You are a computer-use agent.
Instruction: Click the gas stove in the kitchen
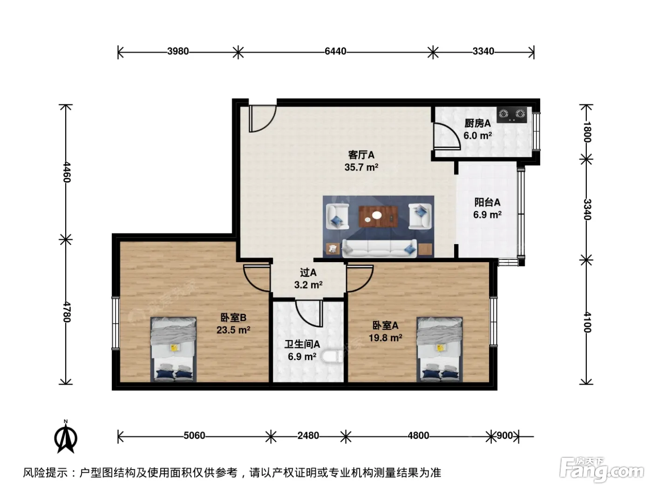[x=511, y=115]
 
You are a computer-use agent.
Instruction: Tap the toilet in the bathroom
[x=332, y=356]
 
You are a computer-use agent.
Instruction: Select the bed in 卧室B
[x=173, y=349]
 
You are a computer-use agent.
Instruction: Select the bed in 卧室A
[x=439, y=349]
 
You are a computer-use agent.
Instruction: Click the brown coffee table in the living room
[x=378, y=217]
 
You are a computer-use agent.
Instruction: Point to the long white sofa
[x=379, y=248]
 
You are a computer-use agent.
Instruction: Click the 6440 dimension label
[x=335, y=51]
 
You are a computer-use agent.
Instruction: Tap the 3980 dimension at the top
[x=178, y=51]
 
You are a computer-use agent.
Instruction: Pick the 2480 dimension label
[x=308, y=435]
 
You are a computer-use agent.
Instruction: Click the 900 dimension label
[x=505, y=435]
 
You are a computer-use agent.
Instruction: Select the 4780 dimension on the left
[x=66, y=312]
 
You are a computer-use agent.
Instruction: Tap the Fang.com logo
[x=602, y=470]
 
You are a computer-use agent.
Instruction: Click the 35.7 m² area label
[x=361, y=167]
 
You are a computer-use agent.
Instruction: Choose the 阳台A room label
[x=487, y=203]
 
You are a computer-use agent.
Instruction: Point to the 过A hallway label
[x=308, y=272]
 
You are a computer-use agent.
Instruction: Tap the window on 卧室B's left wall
[x=115, y=322]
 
